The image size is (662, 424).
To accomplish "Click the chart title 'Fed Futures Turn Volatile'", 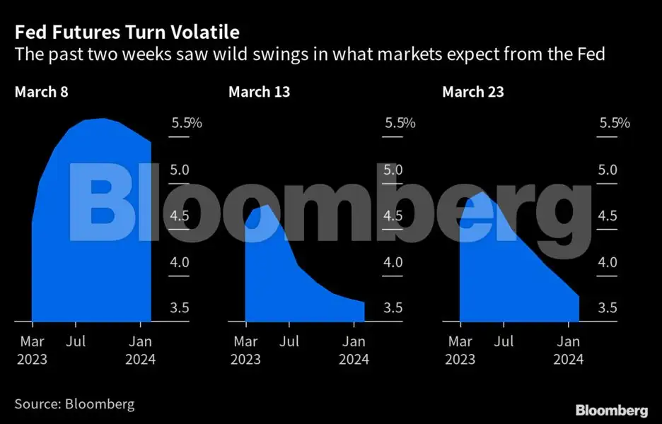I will click(127, 33).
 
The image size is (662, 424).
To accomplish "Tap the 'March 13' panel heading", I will click(259, 92).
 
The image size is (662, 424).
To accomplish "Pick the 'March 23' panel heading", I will click(473, 92).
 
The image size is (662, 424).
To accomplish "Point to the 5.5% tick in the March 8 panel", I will click(187, 123).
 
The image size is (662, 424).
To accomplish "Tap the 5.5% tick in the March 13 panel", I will click(400, 123).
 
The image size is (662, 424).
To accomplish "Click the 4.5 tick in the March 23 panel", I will click(607, 216).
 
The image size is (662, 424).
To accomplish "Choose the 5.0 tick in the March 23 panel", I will click(607, 170).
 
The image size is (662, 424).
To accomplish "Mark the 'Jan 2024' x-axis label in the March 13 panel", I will click(354, 351).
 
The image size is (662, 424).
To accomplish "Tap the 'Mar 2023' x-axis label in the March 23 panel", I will click(460, 351).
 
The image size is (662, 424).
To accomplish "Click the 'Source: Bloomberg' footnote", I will click(74, 404).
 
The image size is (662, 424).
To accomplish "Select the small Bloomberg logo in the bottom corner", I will click(611, 410).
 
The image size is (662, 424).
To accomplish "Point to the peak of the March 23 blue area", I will click(481, 192).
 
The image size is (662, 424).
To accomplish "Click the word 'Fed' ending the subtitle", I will click(591, 54).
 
